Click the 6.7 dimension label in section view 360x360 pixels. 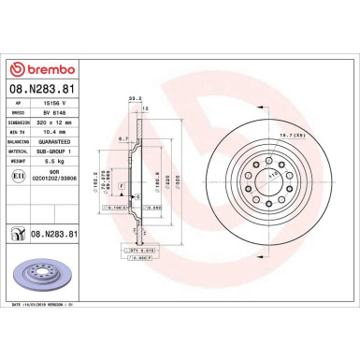pyautogui.click(x=122, y=138)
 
